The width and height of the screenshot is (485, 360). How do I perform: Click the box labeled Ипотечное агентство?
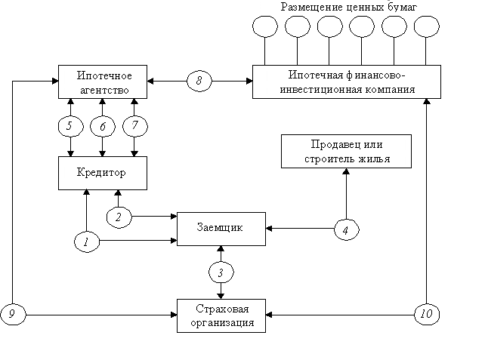pos(103,83)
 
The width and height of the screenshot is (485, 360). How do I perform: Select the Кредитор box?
pos(100,173)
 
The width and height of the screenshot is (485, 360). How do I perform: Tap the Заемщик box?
pos(220,229)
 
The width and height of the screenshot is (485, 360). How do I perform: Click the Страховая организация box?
pos(223,315)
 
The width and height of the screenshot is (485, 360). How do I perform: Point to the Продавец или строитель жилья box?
pos(348,151)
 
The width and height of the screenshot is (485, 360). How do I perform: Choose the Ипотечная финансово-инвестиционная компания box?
pos(347,82)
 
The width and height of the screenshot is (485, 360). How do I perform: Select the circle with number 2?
pos(119,217)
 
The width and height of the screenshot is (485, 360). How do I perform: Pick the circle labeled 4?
pos(346,230)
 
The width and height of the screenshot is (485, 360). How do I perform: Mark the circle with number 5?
pos(70,126)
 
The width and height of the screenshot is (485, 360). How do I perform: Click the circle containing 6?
pos(103,127)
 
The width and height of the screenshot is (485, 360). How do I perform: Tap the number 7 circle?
pos(134,125)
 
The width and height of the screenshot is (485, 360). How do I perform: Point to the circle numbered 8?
pos(199,80)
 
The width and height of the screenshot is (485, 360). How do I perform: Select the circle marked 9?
pos(12,313)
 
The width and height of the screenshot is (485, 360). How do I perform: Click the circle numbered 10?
pos(426,313)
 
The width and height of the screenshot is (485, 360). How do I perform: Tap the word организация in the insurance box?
pos(223,322)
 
